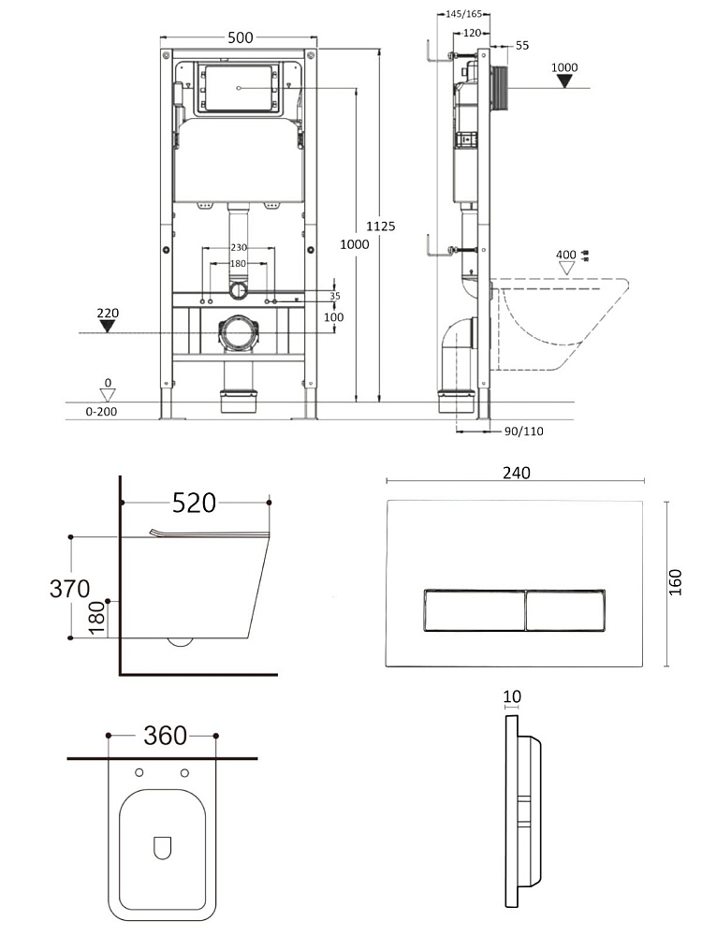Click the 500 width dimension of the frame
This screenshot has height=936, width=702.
pos(240,37)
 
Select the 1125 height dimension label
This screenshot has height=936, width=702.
pos(381,227)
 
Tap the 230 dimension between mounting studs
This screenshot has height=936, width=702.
pos(239,247)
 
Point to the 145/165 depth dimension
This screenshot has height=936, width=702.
pos(464,14)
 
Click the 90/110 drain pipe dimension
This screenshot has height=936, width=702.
pos(523,431)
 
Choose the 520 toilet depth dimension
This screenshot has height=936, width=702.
pos(194,504)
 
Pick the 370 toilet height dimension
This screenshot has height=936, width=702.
pos(70,589)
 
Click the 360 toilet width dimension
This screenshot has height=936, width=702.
pos(166,736)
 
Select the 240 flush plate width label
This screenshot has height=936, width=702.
pos(517,473)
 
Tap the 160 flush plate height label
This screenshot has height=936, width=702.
pos(675,582)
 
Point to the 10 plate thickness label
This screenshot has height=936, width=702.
pos(512,696)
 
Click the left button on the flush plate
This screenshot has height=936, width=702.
pos(475,610)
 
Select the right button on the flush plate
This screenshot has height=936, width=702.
pos(565,610)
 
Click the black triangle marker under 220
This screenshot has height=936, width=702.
pos(108,326)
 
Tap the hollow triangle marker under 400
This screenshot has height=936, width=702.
pos(566,268)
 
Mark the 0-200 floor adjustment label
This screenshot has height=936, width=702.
pos(101,411)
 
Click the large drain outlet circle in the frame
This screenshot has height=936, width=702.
pos(239,332)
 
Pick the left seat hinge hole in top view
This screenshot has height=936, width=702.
pos(139,773)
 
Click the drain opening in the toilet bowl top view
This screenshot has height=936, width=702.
pos(162,848)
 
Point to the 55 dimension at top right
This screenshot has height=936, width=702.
pos(522,45)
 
